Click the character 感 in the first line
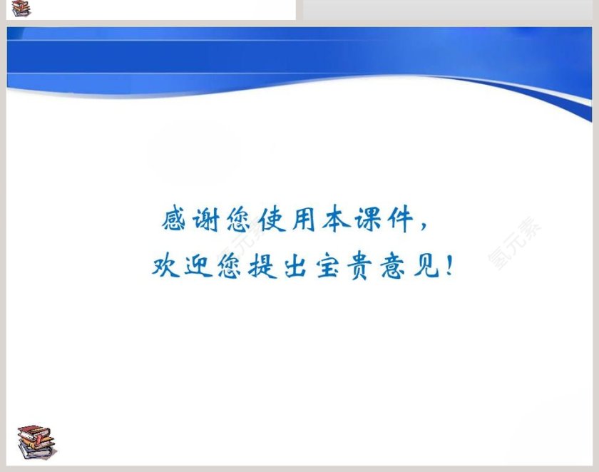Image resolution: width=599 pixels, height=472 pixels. click(174, 219)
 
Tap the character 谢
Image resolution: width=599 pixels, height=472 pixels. click(207, 219)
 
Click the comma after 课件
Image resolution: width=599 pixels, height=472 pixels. click(425, 227)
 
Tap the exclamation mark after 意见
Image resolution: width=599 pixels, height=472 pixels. click(449, 265)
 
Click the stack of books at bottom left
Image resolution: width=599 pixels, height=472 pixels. click(36, 442)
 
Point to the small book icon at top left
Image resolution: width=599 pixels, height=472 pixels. click(21, 9)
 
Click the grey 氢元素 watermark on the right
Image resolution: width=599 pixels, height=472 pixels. click(515, 242)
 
